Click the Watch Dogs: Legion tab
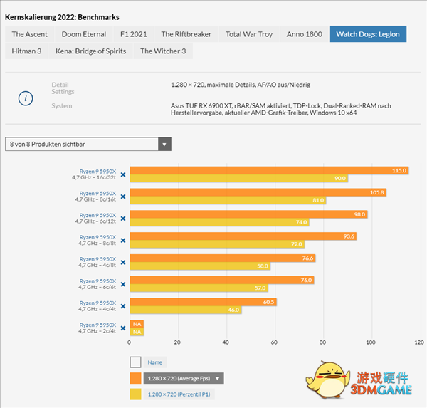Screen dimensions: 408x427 pos(368,34)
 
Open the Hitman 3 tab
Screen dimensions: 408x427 pos(27,51)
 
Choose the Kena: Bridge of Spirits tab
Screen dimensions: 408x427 pos(90,51)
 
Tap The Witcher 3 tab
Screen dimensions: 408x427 pos(162,51)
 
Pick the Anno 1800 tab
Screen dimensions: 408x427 pos(305,34)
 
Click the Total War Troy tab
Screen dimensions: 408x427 pos(249,34)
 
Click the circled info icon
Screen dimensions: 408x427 pos(25,98)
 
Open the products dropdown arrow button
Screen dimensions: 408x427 pos(165,145)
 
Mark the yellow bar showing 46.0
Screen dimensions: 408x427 pos(186,311)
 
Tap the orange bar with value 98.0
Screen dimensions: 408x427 pos(248,214)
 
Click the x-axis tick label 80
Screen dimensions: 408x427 pos(322,342)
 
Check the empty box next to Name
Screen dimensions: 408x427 pos(135,362)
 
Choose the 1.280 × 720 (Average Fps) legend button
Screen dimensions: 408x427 pos(184,378)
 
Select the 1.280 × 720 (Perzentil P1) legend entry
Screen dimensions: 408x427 pos(178,394)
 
